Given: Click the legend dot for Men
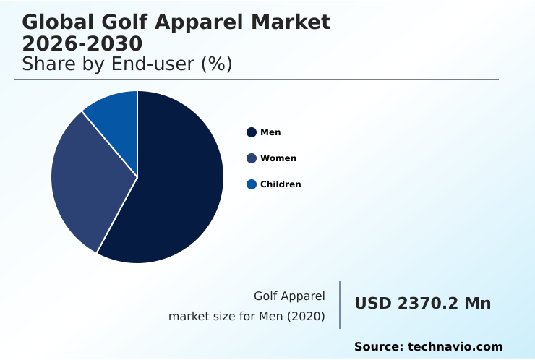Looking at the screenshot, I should coord(252,132).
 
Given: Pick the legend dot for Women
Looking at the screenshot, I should coord(252,158).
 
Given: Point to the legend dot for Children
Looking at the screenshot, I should coord(252,184).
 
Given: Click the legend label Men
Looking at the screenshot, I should coord(270,132).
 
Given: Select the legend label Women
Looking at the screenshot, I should coord(278,158).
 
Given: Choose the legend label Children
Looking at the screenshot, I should coord(281,184).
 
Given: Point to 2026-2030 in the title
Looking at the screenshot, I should coord(82,43).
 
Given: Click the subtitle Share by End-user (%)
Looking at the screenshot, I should coord(127,64).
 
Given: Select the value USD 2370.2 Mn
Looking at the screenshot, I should coord(422,304).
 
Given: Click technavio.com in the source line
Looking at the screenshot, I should coord(455,347).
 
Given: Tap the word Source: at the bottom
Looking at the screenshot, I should coord(378,347).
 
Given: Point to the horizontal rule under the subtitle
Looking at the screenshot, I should coord(257,80).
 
